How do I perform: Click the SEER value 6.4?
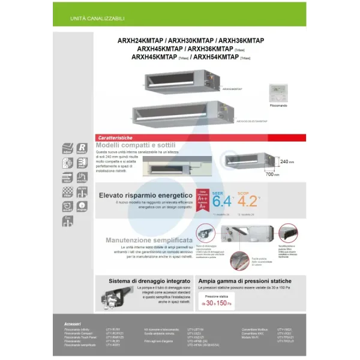[222, 200]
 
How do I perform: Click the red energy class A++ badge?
[203, 199]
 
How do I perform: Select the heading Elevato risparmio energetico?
[145, 195]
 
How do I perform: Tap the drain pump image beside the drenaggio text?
[112, 301]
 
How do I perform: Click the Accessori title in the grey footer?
[72, 323]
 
